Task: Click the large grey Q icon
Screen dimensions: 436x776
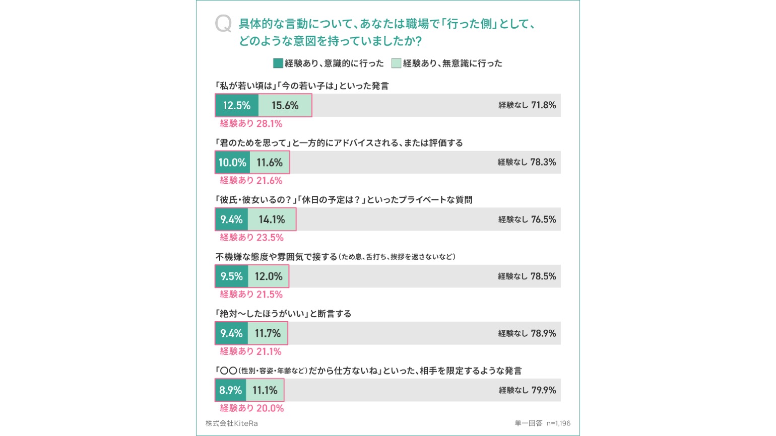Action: [223, 24]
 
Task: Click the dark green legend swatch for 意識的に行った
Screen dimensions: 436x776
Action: [278, 63]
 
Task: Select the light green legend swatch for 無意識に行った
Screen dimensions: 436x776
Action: [396, 63]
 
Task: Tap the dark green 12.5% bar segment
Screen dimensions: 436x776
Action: [237, 106]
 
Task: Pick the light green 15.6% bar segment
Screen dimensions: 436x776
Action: [285, 106]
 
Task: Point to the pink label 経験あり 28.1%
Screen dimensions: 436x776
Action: [251, 124]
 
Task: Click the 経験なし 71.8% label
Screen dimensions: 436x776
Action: [527, 105]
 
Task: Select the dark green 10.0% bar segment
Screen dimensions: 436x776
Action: [232, 163]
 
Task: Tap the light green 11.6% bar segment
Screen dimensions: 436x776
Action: [269, 163]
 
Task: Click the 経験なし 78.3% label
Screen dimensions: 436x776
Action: [527, 162]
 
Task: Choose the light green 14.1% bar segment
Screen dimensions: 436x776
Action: [272, 220]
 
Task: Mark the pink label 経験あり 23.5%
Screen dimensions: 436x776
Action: [251, 238]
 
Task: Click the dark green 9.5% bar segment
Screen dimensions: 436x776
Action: [231, 276]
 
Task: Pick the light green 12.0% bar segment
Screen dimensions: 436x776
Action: [268, 276]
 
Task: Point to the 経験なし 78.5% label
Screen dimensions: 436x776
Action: [527, 276]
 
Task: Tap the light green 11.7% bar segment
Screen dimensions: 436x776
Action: [268, 333]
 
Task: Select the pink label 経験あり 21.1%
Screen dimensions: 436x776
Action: [250, 351]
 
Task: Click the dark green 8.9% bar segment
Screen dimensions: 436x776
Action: [230, 390]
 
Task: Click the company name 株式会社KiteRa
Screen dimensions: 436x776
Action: [231, 423]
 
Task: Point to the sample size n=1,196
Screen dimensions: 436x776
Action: [558, 423]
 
